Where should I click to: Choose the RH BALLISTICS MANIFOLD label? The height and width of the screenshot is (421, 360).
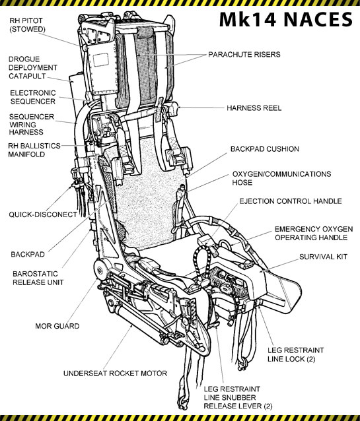coord(34,150)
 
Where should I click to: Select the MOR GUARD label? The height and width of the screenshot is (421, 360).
coord(57,326)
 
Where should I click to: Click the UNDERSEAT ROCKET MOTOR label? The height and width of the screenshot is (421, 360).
coord(115,373)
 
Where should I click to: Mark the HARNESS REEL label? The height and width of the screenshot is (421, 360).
coord(253,108)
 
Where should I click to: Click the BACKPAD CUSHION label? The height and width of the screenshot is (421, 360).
coord(264,149)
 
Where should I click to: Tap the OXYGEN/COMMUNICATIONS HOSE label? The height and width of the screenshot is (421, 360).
coord(281,179)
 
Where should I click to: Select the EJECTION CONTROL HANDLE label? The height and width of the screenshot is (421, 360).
coord(290,201)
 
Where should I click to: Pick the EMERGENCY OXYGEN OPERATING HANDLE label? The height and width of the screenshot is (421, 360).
coord(313,233)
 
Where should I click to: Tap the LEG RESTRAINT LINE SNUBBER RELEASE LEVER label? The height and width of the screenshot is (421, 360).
coord(240,398)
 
